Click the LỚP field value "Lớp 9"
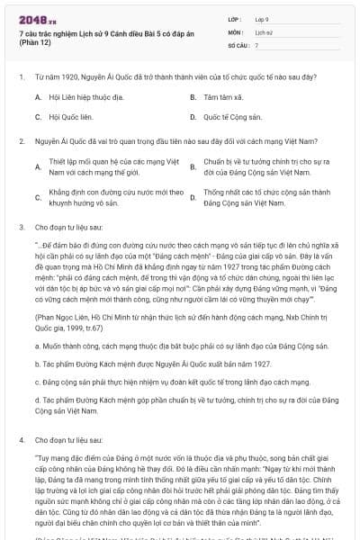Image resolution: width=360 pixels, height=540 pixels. [262, 18]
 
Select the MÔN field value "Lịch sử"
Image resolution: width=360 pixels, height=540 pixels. [263, 31]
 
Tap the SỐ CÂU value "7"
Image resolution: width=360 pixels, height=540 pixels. [257, 44]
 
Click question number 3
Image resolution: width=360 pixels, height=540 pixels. [21, 229]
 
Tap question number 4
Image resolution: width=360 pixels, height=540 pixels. [21, 441]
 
